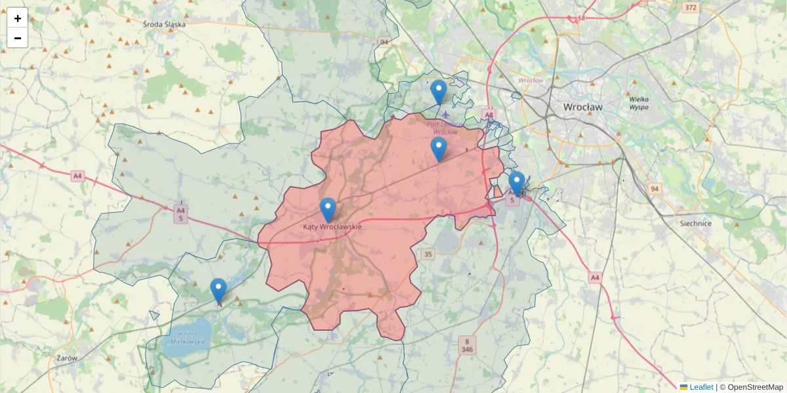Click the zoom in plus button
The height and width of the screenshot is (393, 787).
[x=17, y=18]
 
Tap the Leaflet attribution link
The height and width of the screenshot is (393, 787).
[x=701, y=387]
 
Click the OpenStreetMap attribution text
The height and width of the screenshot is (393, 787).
[x=754, y=387]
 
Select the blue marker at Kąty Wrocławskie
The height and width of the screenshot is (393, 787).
[x=328, y=210]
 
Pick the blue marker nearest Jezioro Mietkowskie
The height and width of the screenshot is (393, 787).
[x=218, y=290]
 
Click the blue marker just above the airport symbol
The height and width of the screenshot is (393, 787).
[x=439, y=92]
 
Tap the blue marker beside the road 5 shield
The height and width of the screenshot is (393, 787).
[x=517, y=183]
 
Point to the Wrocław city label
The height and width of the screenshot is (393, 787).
[x=582, y=106]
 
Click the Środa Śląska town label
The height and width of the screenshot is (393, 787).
[x=164, y=24]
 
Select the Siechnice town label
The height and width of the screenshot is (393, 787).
[x=695, y=223]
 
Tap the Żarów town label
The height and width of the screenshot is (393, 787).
[x=67, y=358]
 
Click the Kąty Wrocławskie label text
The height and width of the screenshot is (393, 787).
[x=332, y=227]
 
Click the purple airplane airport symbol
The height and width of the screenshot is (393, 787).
[x=446, y=115]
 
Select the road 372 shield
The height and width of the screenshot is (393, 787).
[x=690, y=8]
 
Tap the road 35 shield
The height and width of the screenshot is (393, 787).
[x=428, y=254]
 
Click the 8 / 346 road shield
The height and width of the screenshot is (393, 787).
[x=467, y=345]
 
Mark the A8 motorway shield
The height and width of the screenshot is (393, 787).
[x=489, y=115]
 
